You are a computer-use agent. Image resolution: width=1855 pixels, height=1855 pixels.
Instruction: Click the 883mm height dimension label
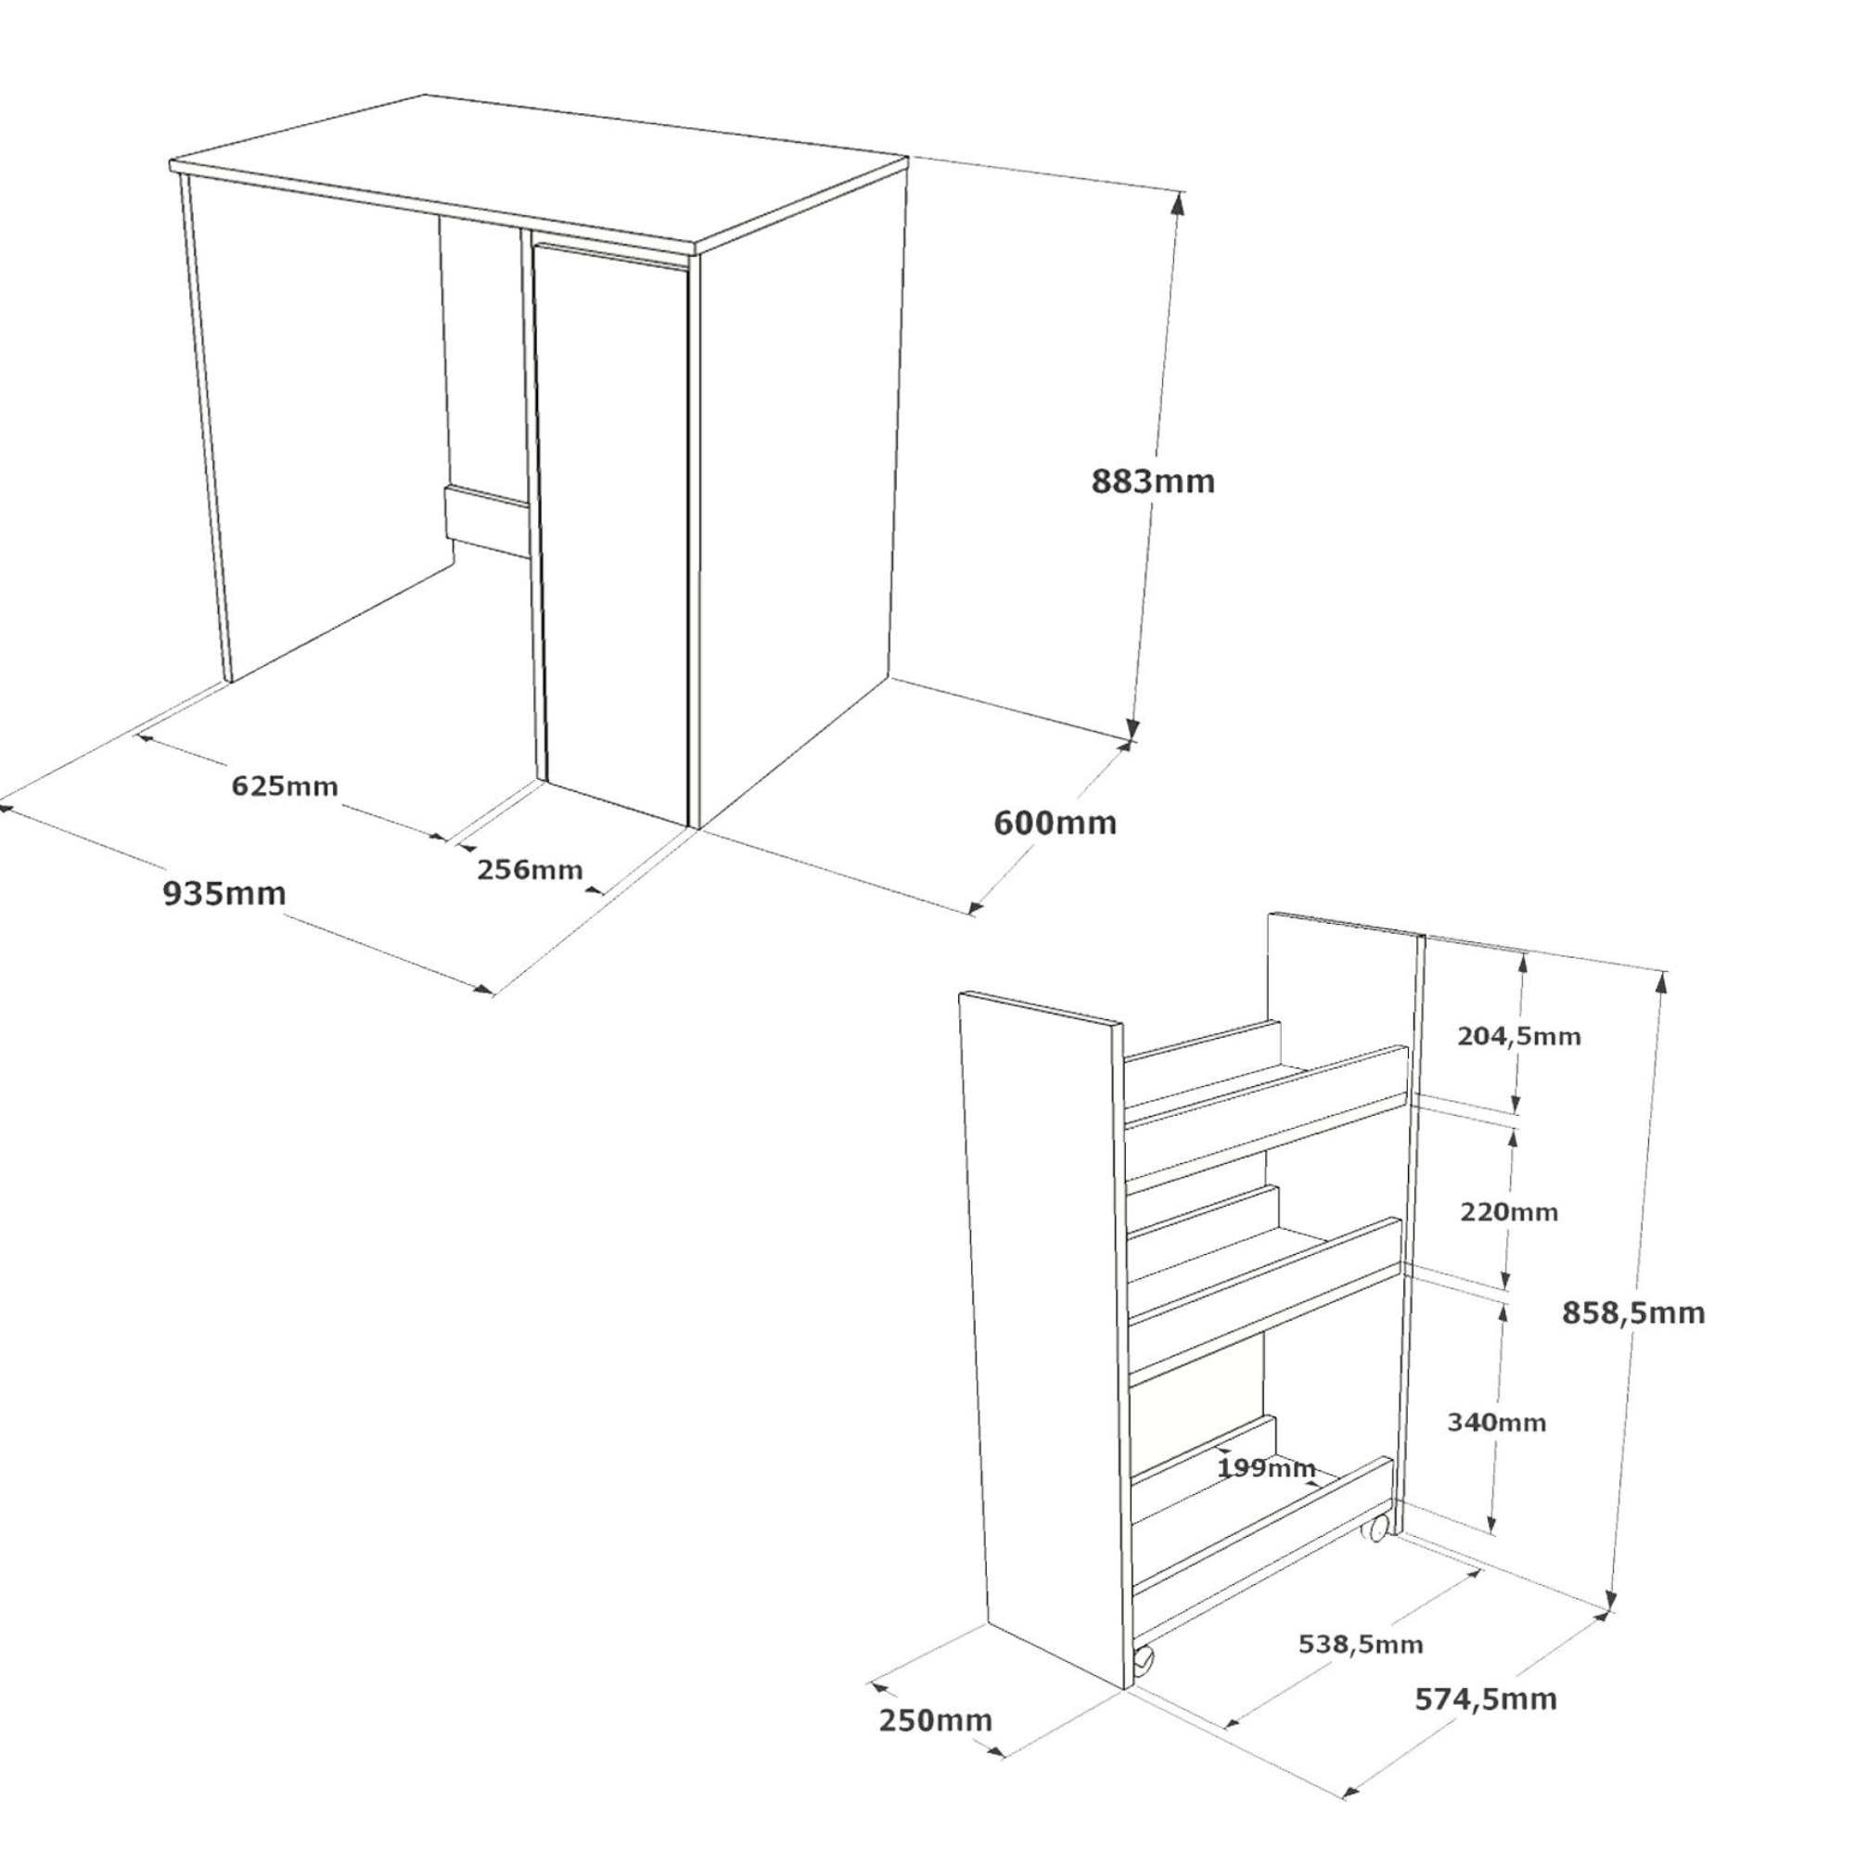coord(1152,481)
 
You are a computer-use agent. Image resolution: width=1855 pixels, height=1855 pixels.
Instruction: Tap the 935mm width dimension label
coord(224,893)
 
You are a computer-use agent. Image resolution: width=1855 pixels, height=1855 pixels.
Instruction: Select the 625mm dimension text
coord(284,787)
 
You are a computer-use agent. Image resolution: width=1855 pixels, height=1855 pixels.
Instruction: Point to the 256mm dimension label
coord(530,869)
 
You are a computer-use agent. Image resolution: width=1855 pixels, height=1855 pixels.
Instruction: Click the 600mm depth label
coord(1055,823)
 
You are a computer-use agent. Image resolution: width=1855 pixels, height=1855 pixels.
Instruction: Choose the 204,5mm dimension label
coord(1519,1036)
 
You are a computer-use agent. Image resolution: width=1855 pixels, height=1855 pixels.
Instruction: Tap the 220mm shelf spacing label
coord(1508,1211)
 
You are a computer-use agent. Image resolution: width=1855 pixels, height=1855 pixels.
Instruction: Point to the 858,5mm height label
coord(1633,1312)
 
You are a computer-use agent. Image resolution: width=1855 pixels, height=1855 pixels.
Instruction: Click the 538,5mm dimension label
coord(1361,1644)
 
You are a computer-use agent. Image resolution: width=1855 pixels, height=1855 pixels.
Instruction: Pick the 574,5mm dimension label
coord(1485,1698)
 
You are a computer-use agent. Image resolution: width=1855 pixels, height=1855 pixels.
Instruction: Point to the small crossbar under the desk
coord(487,521)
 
